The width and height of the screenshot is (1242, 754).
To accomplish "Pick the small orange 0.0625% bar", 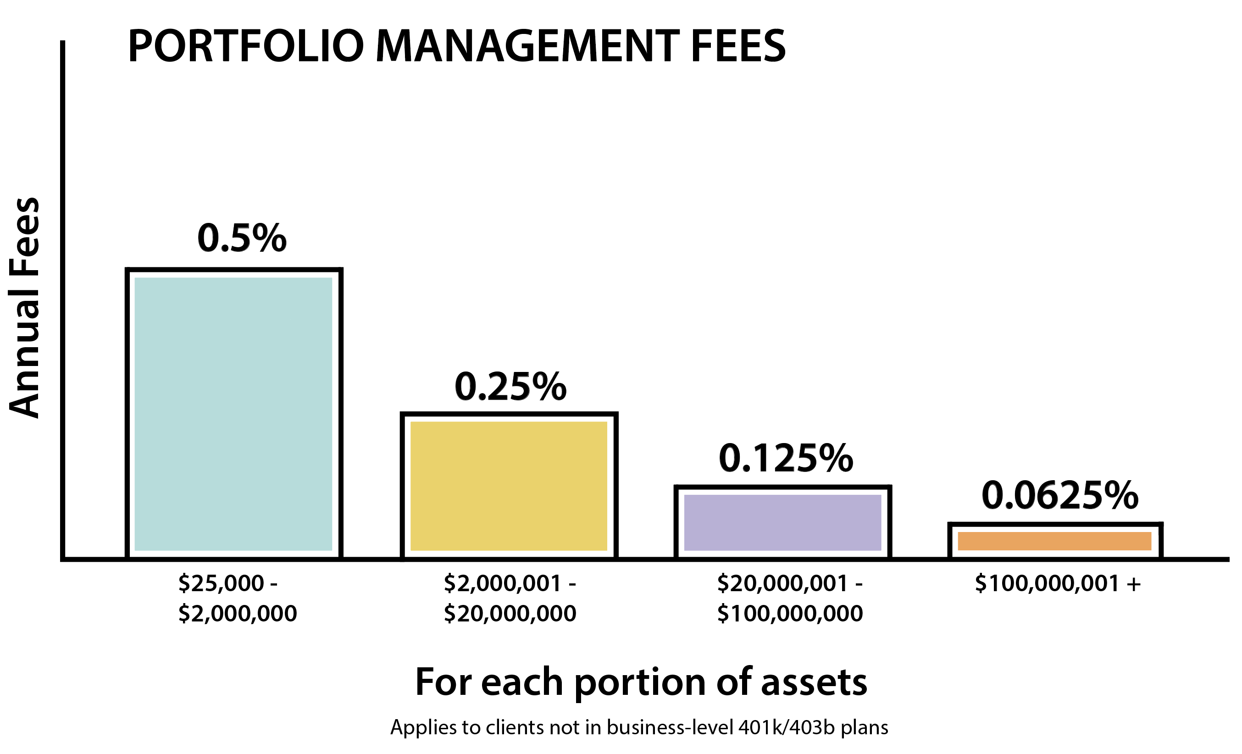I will pos(1055,541).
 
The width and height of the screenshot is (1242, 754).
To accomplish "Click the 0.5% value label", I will pos(242,238).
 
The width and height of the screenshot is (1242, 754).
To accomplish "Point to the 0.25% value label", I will pos(510,387).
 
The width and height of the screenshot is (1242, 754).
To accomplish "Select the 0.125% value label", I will pos(786,459).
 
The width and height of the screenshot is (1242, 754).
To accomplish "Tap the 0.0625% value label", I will pos(1060,495).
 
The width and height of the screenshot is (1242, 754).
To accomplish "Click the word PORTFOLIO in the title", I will pos(245,46).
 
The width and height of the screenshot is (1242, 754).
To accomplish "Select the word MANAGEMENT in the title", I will pos(527,46).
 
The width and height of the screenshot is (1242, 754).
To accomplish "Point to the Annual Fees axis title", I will pos(24,307).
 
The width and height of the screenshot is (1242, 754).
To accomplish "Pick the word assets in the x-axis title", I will pos(814,682).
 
